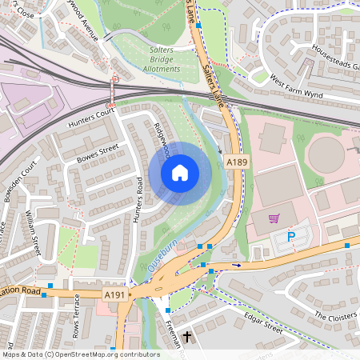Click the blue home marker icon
[x=180, y=173]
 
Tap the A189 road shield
[x=234, y=162]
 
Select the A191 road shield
[x=116, y=294]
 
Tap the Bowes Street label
[x=98, y=153]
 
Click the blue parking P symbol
[x=291, y=236]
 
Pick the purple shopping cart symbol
[x=274, y=218]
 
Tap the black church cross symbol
[x=188, y=337]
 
